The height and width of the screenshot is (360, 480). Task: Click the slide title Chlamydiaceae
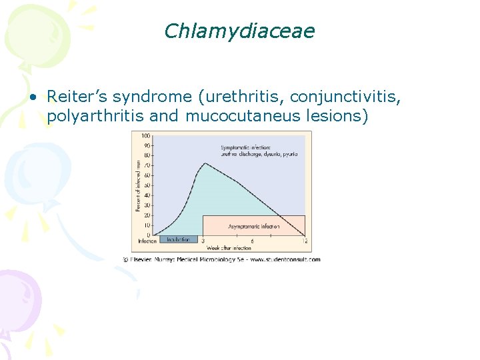pyautogui.click(x=239, y=31)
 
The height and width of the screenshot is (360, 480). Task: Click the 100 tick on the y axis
pyautogui.click(x=146, y=135)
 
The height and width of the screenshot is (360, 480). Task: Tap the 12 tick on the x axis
pyautogui.click(x=304, y=241)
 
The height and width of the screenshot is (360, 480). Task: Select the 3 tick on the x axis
pyautogui.click(x=203, y=241)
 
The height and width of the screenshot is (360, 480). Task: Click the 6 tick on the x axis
pyautogui.click(x=252, y=241)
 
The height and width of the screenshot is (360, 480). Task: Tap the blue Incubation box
pyautogui.click(x=178, y=239)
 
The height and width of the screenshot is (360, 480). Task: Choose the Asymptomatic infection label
pyautogui.click(x=254, y=227)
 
